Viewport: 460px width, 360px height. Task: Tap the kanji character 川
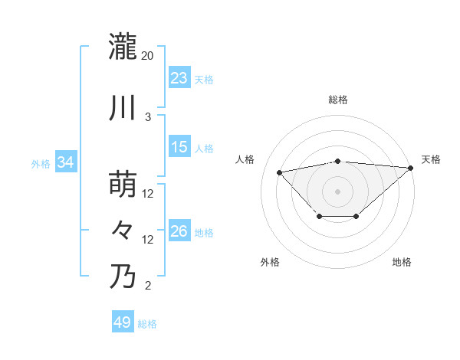point(123,108)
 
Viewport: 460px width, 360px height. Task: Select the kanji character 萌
point(123,185)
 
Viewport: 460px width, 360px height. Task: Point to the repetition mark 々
point(123,231)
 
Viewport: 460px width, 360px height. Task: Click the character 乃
point(123,277)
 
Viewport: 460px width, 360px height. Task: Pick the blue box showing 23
point(179,78)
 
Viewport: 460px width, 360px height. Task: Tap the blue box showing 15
point(179,147)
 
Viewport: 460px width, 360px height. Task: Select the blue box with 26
point(179,231)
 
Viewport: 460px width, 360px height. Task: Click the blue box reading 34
point(66,162)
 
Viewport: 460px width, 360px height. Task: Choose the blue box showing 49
point(123,323)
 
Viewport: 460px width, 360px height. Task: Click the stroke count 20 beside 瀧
point(148,56)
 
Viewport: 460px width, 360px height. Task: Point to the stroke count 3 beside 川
point(148,117)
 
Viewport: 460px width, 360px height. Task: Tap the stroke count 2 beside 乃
point(148,286)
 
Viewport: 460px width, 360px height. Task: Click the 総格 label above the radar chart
point(337,100)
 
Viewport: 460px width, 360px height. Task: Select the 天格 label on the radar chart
point(431,159)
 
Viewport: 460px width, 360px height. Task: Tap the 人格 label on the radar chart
point(245,159)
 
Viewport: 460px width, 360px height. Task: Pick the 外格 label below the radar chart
point(270,263)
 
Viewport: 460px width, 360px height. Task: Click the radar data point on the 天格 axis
point(412,167)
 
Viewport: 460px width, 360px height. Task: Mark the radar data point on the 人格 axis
point(279,172)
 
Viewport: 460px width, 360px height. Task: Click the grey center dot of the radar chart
point(337,191)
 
